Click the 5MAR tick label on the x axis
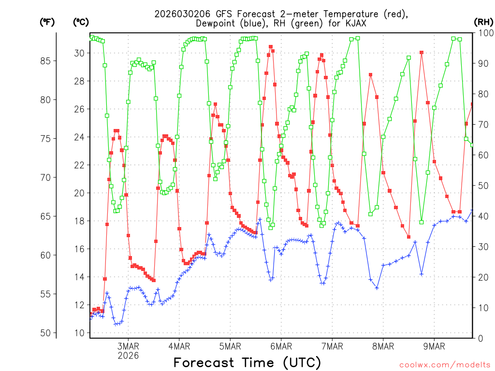(x=230, y=346)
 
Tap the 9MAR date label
(x=434, y=346)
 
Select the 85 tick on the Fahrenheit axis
(x=49, y=61)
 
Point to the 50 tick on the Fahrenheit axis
(x=49, y=333)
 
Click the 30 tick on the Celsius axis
(x=79, y=53)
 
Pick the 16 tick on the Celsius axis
(x=79, y=249)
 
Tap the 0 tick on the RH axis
(x=480, y=338)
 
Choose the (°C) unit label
(x=81, y=22)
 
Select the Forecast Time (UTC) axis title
(x=247, y=362)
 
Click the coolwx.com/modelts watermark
(x=444, y=365)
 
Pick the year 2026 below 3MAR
(x=128, y=355)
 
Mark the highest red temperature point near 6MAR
(x=271, y=47)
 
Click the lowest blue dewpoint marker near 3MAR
(x=116, y=324)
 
